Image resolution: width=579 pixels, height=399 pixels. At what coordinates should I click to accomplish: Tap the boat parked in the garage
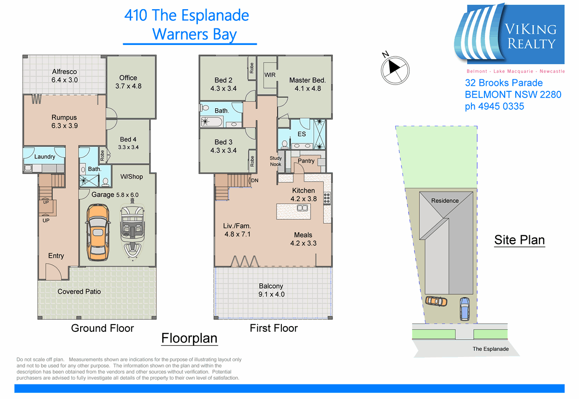[x=132, y=230]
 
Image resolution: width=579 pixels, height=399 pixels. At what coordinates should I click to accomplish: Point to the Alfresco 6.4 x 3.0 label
[x=65, y=76]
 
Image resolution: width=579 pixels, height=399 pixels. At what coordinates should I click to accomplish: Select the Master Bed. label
[x=307, y=80]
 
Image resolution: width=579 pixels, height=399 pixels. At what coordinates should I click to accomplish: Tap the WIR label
[x=270, y=75]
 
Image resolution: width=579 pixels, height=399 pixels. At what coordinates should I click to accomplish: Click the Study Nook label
[x=276, y=161]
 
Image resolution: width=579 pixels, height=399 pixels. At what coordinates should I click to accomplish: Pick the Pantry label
[x=306, y=161]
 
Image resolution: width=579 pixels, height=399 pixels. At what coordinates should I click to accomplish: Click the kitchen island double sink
[x=303, y=208]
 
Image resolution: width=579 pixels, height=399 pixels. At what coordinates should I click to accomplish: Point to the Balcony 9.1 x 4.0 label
[x=271, y=290]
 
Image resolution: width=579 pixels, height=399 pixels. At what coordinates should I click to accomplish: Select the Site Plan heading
[x=519, y=240]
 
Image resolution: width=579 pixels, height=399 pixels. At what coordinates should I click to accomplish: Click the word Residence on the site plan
[x=445, y=200]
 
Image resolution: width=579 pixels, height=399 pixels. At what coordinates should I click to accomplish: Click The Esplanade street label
[x=490, y=349]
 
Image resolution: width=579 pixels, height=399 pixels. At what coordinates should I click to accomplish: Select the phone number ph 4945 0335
[x=495, y=106]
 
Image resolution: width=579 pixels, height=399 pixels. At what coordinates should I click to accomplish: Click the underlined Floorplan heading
[x=189, y=338]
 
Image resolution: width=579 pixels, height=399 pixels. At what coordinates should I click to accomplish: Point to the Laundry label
[x=44, y=157]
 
